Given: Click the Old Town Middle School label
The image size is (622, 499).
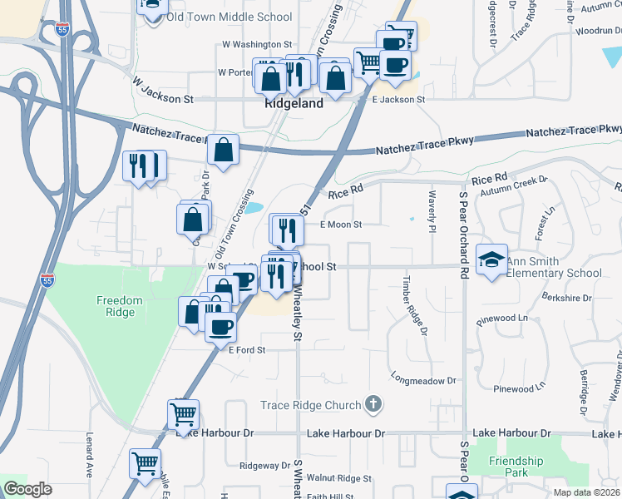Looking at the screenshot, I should [x=229, y=17].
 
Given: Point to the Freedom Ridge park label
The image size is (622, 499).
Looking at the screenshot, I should [x=120, y=306].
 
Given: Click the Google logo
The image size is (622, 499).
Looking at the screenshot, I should [x=27, y=489].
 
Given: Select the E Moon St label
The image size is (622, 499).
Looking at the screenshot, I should [x=341, y=225].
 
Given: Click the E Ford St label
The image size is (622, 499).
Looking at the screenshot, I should [x=246, y=350].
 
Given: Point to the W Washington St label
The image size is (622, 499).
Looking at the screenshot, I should [x=258, y=44].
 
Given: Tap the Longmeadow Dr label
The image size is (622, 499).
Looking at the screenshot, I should [x=424, y=380].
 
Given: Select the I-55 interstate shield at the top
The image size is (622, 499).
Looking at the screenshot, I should [x=62, y=29].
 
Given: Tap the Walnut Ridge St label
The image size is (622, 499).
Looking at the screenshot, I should [x=338, y=478].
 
